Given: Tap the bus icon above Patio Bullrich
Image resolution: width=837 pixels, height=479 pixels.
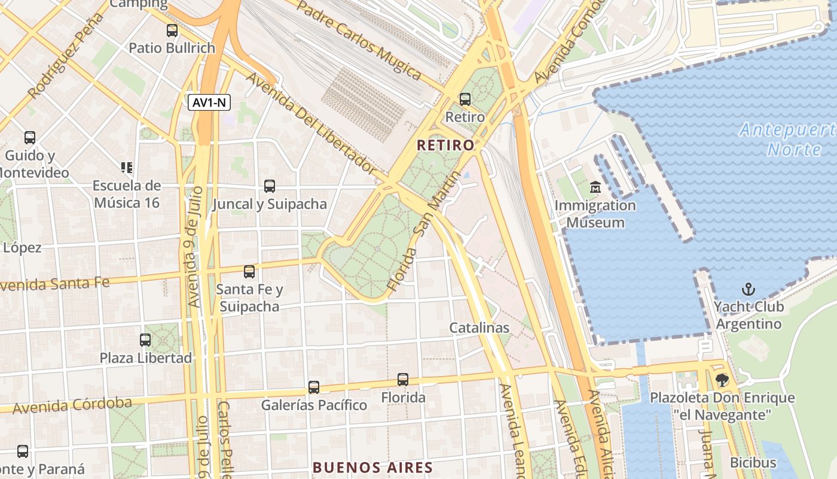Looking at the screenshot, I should point(172,30).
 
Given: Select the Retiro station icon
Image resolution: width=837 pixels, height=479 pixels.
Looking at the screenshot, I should point(465,99).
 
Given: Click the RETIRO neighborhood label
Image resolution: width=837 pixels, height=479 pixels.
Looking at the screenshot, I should point(445,145).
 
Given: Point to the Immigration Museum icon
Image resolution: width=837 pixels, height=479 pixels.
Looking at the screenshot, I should point(595,187).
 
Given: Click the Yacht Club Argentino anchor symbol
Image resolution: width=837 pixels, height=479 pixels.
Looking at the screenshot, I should point(749,290).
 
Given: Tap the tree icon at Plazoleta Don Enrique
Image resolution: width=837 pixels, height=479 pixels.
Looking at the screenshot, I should point(722,380).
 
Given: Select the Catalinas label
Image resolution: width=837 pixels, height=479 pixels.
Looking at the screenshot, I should point(479,328).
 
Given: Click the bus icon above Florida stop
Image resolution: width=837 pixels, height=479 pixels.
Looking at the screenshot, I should point(403,379).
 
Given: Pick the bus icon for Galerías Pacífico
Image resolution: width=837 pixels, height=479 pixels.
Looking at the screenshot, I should point(314,387).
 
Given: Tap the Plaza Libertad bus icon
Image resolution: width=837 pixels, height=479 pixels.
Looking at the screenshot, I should point(145,339).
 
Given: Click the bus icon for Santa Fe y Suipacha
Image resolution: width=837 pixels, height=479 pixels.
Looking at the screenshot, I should point(249,272).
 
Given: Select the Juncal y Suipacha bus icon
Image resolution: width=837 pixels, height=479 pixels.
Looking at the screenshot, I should point(270,186).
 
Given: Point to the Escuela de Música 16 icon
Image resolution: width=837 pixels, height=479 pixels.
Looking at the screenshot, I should point(126,167).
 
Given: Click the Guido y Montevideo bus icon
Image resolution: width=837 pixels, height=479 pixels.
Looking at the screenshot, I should point(30,138).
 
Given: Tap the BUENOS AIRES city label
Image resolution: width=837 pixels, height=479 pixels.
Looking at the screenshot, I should point(372,467).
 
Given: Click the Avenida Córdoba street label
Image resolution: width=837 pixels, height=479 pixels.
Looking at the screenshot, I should point(72,405).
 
